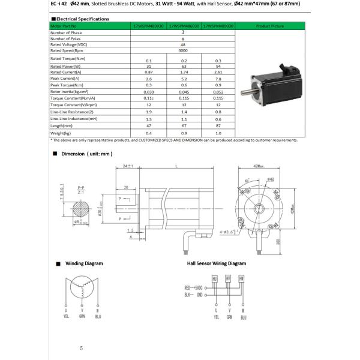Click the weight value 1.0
pos(218,133)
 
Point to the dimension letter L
pos(175,165)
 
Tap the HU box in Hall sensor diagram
pos(214,279)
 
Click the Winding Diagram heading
pos(84,263)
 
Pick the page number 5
pos(81,347)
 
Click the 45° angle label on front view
pos(247,180)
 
